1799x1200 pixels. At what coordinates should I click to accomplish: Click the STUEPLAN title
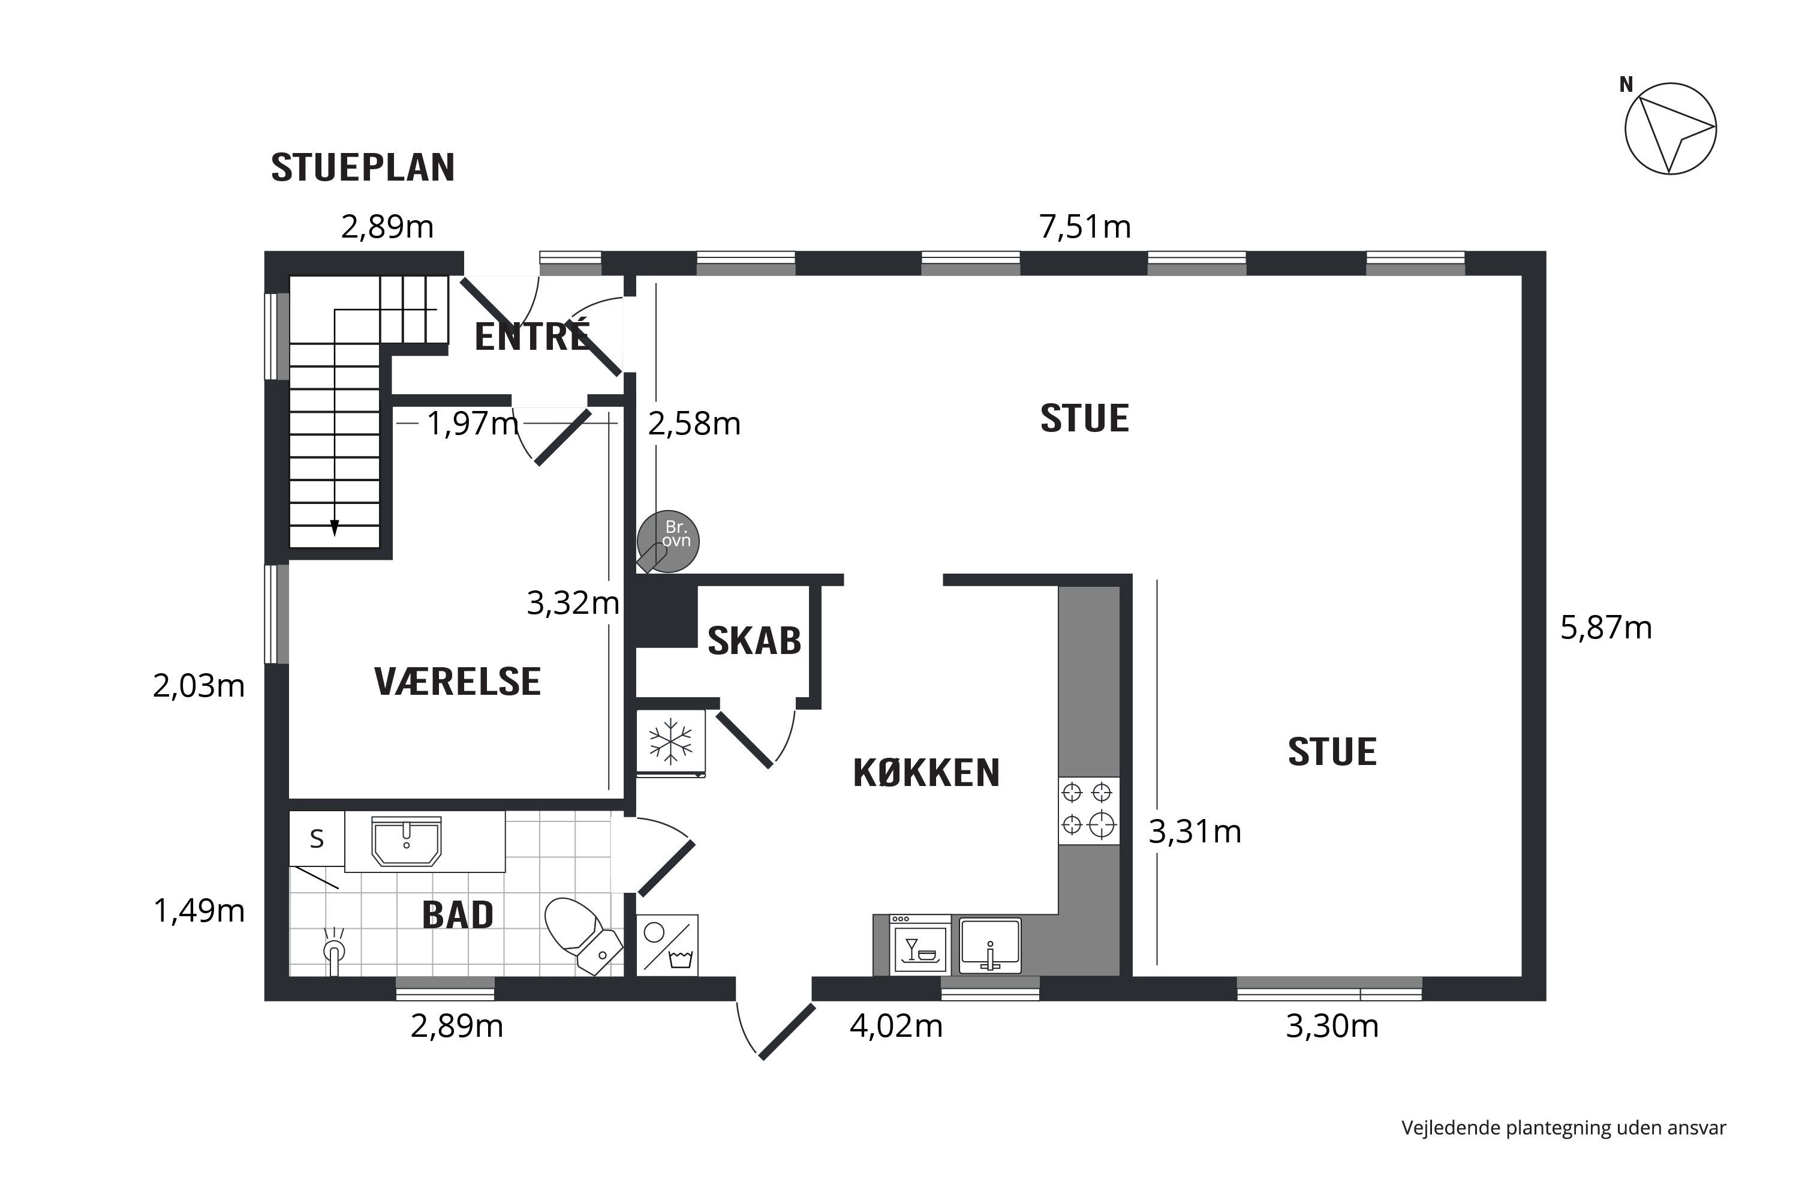pos(363,167)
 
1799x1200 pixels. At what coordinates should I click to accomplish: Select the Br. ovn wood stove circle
pos(668,541)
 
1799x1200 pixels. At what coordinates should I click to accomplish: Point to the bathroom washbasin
pos(406,841)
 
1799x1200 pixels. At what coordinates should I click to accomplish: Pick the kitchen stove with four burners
pos(1088,811)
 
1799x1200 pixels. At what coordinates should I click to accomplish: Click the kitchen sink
pos(990,945)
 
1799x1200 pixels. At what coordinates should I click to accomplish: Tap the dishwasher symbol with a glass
pos(920,944)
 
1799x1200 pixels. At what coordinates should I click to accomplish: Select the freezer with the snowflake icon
pos(671,742)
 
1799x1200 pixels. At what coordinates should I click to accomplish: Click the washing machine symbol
pos(667,945)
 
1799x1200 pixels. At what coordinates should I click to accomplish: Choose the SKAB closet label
pos(754,641)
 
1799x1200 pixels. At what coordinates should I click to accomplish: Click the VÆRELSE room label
pos(458,681)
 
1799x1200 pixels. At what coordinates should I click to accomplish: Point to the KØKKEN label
pos(926,773)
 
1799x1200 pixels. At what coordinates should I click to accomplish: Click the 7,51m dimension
pos(1085,227)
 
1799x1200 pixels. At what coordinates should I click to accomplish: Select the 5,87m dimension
pos(1607,628)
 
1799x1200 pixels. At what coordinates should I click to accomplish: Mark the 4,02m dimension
pos(897,1025)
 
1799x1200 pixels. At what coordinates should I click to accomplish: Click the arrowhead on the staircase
pos(334,528)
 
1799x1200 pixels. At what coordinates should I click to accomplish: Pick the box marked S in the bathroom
pos(317,839)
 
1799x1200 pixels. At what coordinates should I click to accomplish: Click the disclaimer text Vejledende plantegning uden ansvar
pos(1563,1128)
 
